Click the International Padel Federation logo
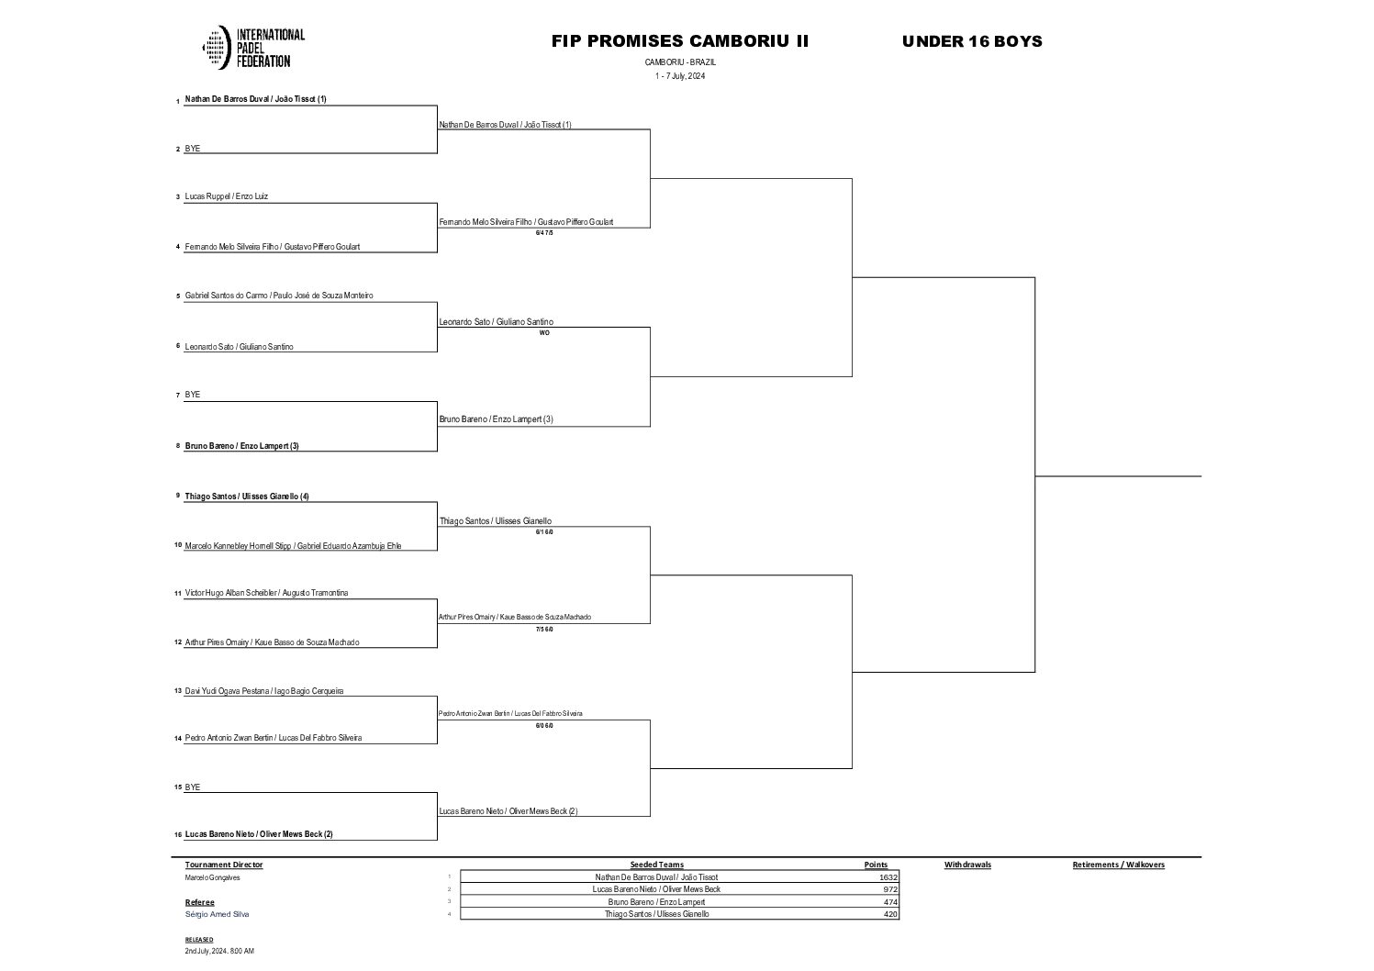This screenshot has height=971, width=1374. coord(252,48)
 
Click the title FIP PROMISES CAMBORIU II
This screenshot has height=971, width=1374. coord(680,41)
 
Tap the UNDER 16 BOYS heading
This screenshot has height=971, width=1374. coord(972,41)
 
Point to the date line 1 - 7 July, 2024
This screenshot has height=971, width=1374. coord(680,76)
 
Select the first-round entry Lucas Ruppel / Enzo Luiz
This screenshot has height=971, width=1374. coord(227,196)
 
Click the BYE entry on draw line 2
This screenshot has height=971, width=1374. coord(193,149)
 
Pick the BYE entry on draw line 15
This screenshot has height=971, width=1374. coord(193,787)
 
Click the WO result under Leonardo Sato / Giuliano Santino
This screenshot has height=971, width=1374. coord(544,333)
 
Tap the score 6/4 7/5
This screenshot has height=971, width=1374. coord(544,233)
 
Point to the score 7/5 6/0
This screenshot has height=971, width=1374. coord(544,630)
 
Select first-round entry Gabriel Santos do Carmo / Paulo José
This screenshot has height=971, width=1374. coord(279,296)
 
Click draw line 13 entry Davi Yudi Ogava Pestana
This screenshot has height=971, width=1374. coord(264,691)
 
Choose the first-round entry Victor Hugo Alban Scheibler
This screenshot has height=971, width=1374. coord(266,593)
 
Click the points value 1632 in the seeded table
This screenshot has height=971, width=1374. coord(888,877)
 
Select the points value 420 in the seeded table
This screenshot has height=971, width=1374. coord(890,914)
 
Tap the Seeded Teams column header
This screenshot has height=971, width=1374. coord(656,865)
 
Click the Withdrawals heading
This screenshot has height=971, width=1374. coord(967,865)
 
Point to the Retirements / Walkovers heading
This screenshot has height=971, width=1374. coord(1118,865)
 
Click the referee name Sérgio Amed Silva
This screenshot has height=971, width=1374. coord(217,914)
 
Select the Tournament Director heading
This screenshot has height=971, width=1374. coord(224,865)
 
